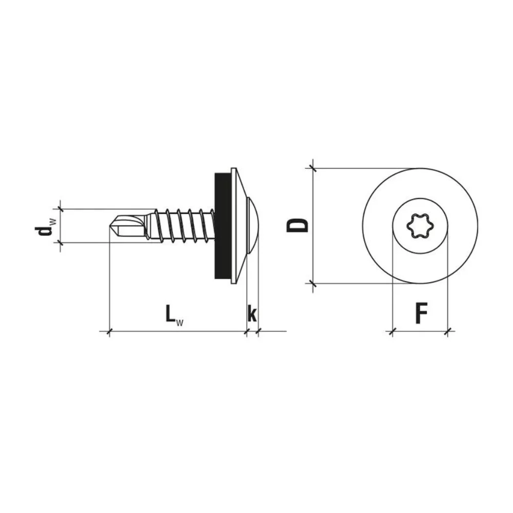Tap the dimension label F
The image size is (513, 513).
(421, 313)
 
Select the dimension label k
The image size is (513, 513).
(252, 313)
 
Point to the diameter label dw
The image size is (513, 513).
(45, 226)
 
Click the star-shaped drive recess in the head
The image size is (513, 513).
(420, 226)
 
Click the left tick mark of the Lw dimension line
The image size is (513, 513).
(109, 332)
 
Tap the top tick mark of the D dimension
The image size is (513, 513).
(312, 168)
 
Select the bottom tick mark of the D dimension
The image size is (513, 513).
(312, 283)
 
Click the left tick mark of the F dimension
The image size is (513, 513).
(392, 332)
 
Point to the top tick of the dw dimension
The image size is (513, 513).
(61, 209)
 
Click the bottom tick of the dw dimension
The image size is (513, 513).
(61, 242)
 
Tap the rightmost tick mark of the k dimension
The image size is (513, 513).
(258, 332)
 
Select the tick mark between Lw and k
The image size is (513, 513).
(247, 332)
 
